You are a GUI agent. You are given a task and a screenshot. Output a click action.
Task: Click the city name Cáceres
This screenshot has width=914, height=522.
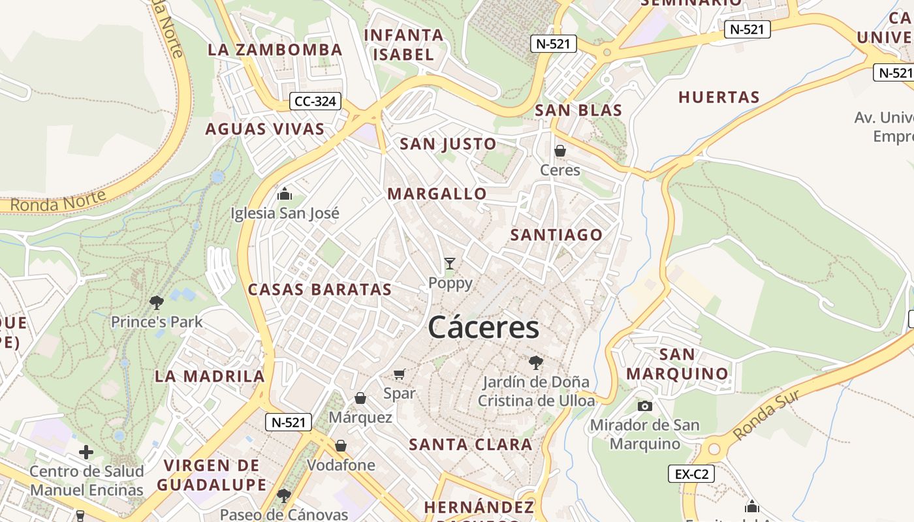[x=484, y=328]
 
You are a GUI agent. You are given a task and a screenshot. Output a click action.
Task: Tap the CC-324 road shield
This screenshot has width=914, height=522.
[x=315, y=101]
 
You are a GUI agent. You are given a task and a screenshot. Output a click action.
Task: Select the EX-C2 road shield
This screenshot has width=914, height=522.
[x=691, y=474]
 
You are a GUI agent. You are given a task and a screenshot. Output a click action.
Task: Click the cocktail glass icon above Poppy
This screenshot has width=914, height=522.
[x=450, y=264]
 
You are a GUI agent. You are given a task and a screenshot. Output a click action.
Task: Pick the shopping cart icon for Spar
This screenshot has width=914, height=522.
[x=400, y=374]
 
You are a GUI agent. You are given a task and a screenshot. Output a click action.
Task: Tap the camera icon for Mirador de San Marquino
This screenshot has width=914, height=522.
[x=644, y=406]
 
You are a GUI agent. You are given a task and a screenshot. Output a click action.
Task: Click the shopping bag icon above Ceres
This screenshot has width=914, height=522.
[x=559, y=151]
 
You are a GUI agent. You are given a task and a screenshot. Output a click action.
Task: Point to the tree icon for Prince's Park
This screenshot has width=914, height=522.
[x=156, y=302]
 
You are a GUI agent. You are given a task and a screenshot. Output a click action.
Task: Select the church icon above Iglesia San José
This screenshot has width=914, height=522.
[x=285, y=194]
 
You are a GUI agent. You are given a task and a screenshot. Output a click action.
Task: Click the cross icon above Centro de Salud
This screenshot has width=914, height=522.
[x=86, y=452]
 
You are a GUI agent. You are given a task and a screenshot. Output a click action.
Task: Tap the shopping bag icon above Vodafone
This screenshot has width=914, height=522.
[x=340, y=446]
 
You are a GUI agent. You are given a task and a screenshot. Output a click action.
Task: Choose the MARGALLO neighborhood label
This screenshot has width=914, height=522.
[x=437, y=194]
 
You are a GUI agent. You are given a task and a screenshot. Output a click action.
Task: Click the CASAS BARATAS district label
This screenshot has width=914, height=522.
[x=320, y=290]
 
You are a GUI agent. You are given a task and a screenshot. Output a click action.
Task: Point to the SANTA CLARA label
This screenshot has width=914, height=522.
[x=470, y=445]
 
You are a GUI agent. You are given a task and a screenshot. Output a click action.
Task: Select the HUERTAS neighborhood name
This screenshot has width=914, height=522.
[x=719, y=98]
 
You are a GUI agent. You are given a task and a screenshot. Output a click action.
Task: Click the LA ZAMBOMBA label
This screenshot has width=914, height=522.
[x=275, y=50]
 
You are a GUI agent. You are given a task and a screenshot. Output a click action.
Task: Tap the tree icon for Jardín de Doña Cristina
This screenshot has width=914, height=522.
[x=535, y=362]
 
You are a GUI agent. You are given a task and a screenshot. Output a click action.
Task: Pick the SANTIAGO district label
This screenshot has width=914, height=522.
[x=556, y=235]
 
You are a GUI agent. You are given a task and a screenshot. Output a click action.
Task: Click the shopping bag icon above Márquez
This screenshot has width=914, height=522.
[x=360, y=398]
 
